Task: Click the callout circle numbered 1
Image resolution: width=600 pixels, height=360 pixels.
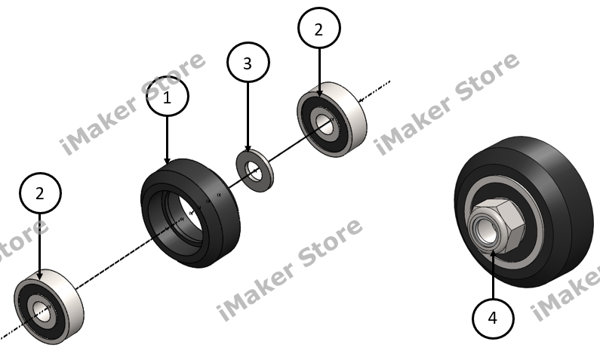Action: [x=167, y=97]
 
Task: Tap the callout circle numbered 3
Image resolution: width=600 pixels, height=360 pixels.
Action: [x=248, y=64]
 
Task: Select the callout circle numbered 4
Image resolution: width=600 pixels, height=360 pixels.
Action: [x=493, y=318]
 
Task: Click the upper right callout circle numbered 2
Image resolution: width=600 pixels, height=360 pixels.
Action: [x=319, y=29]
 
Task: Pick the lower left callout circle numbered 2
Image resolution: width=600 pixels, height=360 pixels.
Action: [x=40, y=194]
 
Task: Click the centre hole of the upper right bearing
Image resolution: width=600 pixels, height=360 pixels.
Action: [x=325, y=124]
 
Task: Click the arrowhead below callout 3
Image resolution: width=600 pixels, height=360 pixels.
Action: [x=248, y=150]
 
